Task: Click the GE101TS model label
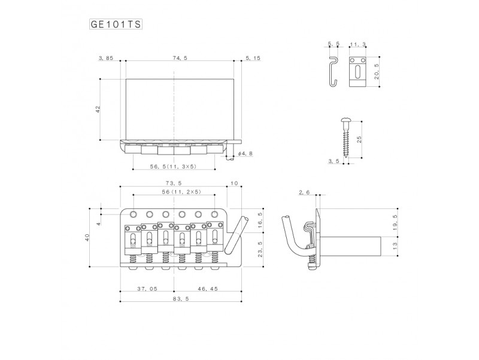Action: pos(116,24)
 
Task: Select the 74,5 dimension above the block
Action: pos(180,58)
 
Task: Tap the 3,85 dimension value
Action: pos(106,58)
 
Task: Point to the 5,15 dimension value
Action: pos(253,58)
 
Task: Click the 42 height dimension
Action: pos(98,110)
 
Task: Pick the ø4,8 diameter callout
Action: pos(245,153)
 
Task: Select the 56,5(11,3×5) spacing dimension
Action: pos(173,167)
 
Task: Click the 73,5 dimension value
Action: pos(174,183)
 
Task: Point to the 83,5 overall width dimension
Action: pos(181,298)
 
